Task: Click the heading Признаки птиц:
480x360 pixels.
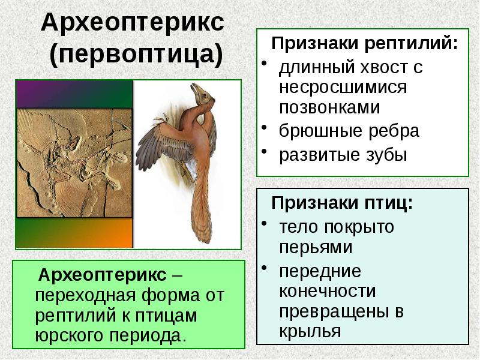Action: tap(342, 203)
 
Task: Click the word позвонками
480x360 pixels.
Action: tap(329, 107)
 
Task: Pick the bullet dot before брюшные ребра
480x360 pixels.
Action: tap(264, 129)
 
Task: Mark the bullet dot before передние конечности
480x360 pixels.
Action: tap(264, 269)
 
